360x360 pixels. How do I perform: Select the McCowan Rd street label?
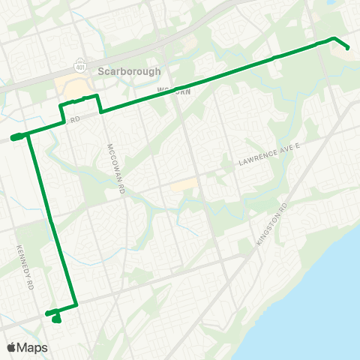114,169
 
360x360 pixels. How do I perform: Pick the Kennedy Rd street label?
25,265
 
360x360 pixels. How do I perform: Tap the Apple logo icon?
12,347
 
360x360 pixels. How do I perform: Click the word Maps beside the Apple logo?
33,347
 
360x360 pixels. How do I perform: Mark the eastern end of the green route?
348,48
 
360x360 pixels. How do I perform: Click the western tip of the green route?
14,137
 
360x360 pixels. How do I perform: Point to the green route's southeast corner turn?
76,305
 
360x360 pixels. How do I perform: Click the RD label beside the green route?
75,118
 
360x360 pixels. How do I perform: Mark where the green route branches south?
29,134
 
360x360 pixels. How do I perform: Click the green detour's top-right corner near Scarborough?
97,96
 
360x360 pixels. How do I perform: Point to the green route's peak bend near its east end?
334,38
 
